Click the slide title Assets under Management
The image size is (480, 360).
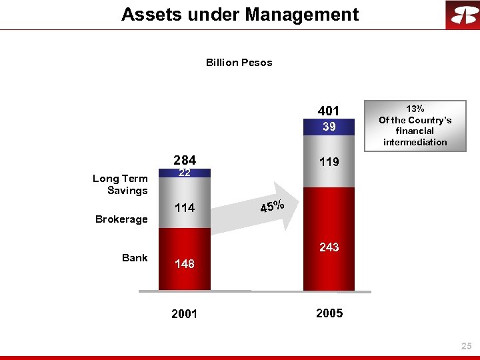click(240, 15)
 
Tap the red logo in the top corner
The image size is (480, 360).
click(461, 15)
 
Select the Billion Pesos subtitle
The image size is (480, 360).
click(239, 63)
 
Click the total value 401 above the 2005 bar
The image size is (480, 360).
click(329, 111)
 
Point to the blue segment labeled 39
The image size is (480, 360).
click(329, 127)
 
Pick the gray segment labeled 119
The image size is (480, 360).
click(329, 162)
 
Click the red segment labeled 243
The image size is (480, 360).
click(329, 247)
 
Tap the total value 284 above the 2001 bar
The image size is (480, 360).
click(185, 161)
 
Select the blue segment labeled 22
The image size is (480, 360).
click(185, 173)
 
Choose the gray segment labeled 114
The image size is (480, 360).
click(185, 208)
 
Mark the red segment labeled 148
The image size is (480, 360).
click(185, 264)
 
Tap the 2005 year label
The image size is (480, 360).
click(329, 313)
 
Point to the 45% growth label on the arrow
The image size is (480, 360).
click(272, 207)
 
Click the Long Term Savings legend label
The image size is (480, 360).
click(121, 185)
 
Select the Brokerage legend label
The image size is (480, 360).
click(121, 219)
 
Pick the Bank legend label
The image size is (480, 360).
click(135, 258)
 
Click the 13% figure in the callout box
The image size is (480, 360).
click(415, 109)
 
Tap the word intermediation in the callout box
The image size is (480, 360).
click(415, 142)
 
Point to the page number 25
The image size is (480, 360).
click(466, 346)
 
